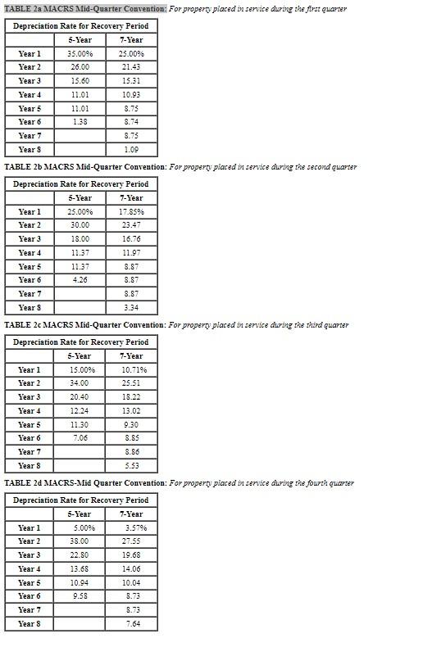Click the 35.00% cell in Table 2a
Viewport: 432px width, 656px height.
point(80,54)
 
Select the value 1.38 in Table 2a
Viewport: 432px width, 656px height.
point(80,122)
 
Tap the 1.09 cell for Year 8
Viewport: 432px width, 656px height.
point(130,150)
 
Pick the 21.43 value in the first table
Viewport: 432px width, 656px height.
point(130,67)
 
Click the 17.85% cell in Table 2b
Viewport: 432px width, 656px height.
point(130,212)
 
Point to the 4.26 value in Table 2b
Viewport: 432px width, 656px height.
point(80,280)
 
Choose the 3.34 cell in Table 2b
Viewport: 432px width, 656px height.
point(130,308)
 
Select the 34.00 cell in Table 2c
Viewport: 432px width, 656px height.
point(80,383)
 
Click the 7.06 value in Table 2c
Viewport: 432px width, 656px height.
point(80,438)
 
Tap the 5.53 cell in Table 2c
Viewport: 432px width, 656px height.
point(130,466)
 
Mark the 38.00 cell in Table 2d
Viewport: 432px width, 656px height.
point(80,541)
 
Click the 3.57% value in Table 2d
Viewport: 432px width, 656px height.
point(130,528)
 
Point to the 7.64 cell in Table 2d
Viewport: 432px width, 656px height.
point(130,624)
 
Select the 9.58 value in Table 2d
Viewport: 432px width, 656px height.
point(80,596)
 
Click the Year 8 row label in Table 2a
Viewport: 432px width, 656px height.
point(30,150)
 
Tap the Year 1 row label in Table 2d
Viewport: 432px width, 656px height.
point(30,528)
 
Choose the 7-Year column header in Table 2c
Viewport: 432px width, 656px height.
point(130,356)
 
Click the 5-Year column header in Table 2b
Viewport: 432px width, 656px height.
point(80,198)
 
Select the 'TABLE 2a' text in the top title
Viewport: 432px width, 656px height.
point(23,8)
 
